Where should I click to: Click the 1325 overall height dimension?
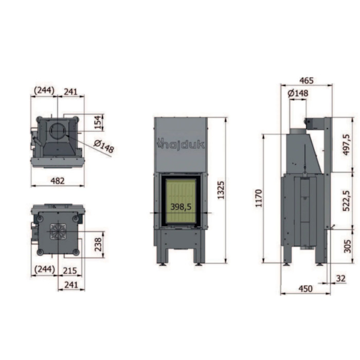[221, 190]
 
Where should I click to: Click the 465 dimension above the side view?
[306, 81]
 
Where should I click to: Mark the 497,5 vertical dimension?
[347, 145]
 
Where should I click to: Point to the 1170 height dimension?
[259, 199]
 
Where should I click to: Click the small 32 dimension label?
[340, 279]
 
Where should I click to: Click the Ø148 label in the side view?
[298, 93]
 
